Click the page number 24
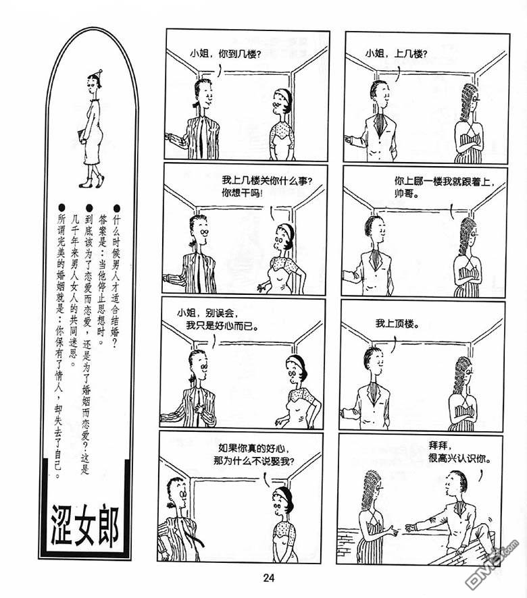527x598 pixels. pyautogui.click(x=268, y=578)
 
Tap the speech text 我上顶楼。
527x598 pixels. pyautogui.click(x=397, y=324)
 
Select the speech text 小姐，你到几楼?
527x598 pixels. pyautogui.click(x=225, y=54)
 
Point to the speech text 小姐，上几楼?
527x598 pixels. pyautogui.click(x=396, y=53)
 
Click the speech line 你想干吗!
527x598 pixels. pyautogui.click(x=242, y=193)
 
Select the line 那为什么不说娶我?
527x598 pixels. pyautogui.click(x=254, y=461)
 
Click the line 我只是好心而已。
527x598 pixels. pyautogui.click(x=222, y=326)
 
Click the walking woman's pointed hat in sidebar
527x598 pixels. pyautogui.click(x=98, y=74)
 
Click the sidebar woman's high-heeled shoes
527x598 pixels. pyautogui.click(x=92, y=182)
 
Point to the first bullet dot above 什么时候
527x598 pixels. pyautogui.click(x=116, y=208)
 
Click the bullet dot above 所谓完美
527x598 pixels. pyautogui.click(x=61, y=208)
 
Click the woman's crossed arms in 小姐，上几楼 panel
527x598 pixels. pyautogui.click(x=472, y=146)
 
